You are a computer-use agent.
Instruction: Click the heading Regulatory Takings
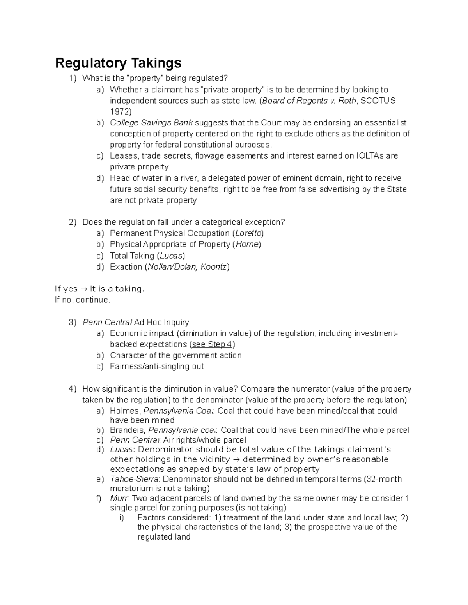118,63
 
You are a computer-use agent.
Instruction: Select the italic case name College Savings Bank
151,123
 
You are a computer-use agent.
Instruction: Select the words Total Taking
132,256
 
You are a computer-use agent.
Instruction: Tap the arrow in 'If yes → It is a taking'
83,289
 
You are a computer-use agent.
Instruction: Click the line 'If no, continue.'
83,300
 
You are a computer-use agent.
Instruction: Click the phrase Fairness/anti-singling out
157,366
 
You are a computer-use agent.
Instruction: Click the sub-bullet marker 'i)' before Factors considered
121,518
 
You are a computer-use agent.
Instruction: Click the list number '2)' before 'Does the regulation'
73,222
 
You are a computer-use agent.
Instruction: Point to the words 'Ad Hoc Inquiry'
161,322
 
